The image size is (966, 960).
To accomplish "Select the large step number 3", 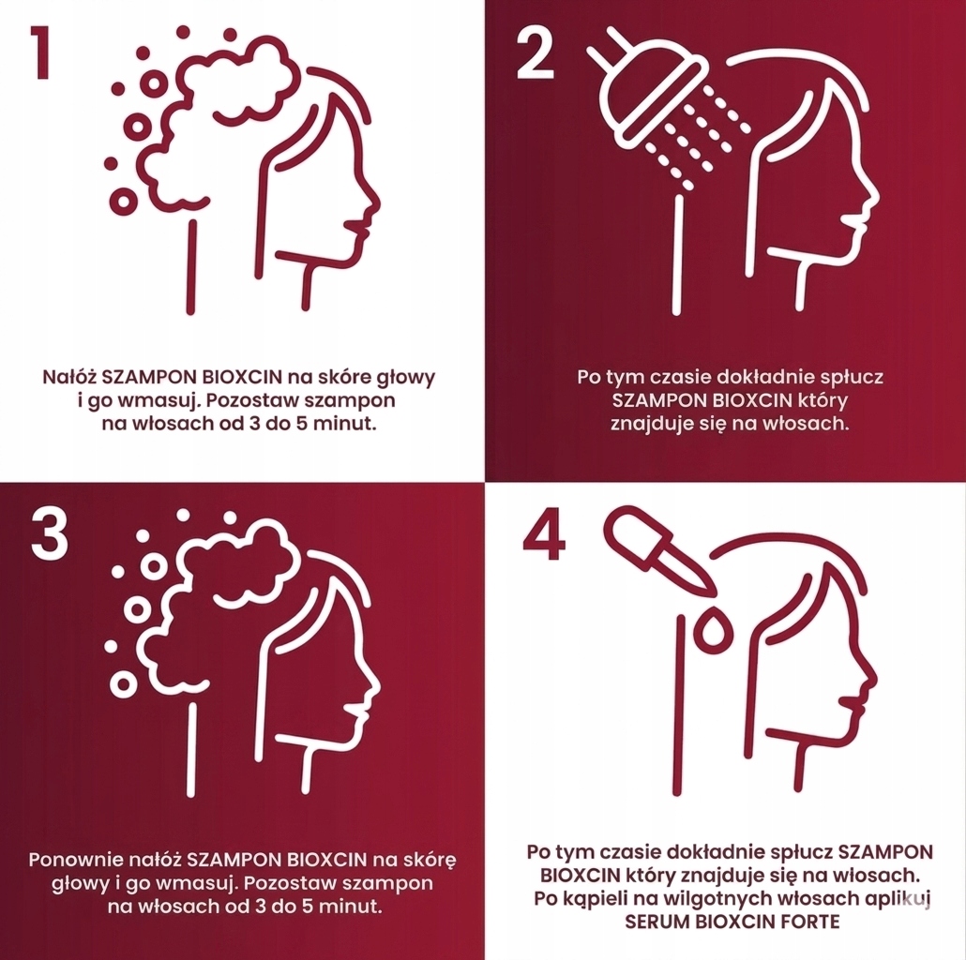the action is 50,534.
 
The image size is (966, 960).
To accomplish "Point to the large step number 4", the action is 544,534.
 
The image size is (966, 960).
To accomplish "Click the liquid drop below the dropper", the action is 712,627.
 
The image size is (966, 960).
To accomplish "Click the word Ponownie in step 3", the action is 77,860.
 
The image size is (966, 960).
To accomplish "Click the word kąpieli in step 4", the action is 610,900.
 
